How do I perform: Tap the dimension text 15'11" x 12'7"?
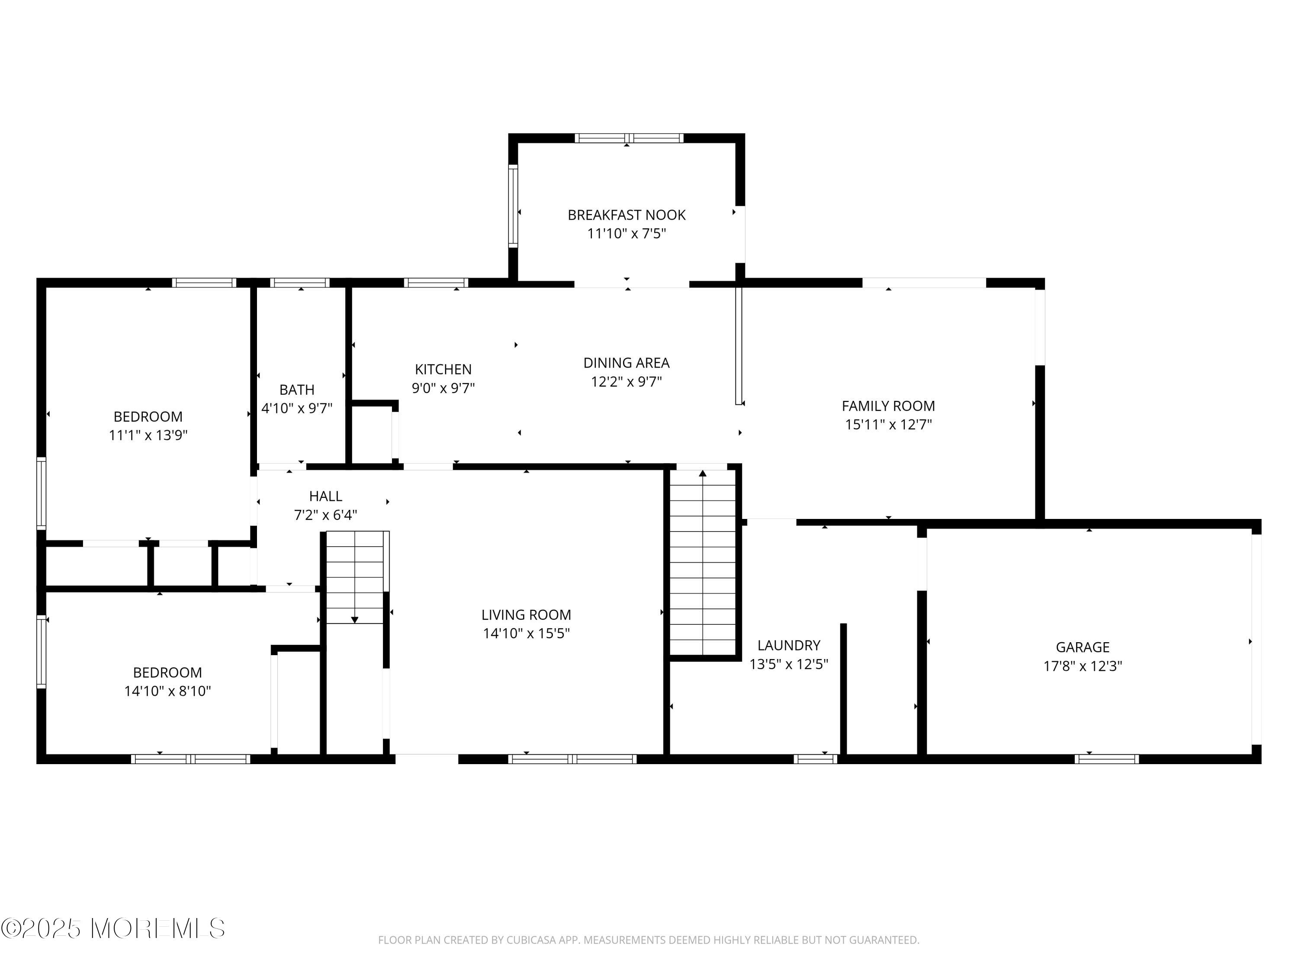pyautogui.click(x=888, y=425)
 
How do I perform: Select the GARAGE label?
pyautogui.click(x=1082, y=647)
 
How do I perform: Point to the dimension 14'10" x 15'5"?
pyautogui.click(x=526, y=634)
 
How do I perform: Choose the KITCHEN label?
pyautogui.click(x=443, y=369)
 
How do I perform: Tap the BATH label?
pyautogui.click(x=296, y=390)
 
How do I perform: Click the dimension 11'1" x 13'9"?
pyautogui.click(x=148, y=435)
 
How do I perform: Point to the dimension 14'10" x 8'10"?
pyautogui.click(x=167, y=691)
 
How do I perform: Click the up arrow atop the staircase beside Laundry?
pyautogui.click(x=702, y=473)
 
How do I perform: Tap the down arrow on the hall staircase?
pyautogui.click(x=354, y=620)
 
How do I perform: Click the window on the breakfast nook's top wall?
pyautogui.click(x=629, y=138)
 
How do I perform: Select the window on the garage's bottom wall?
pyautogui.click(x=1106, y=759)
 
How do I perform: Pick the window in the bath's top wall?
pyautogui.click(x=300, y=283)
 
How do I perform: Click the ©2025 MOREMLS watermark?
pyautogui.click(x=112, y=928)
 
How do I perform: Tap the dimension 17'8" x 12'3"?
pyautogui.click(x=1082, y=666)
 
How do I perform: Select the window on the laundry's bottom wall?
pyautogui.click(x=815, y=759)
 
